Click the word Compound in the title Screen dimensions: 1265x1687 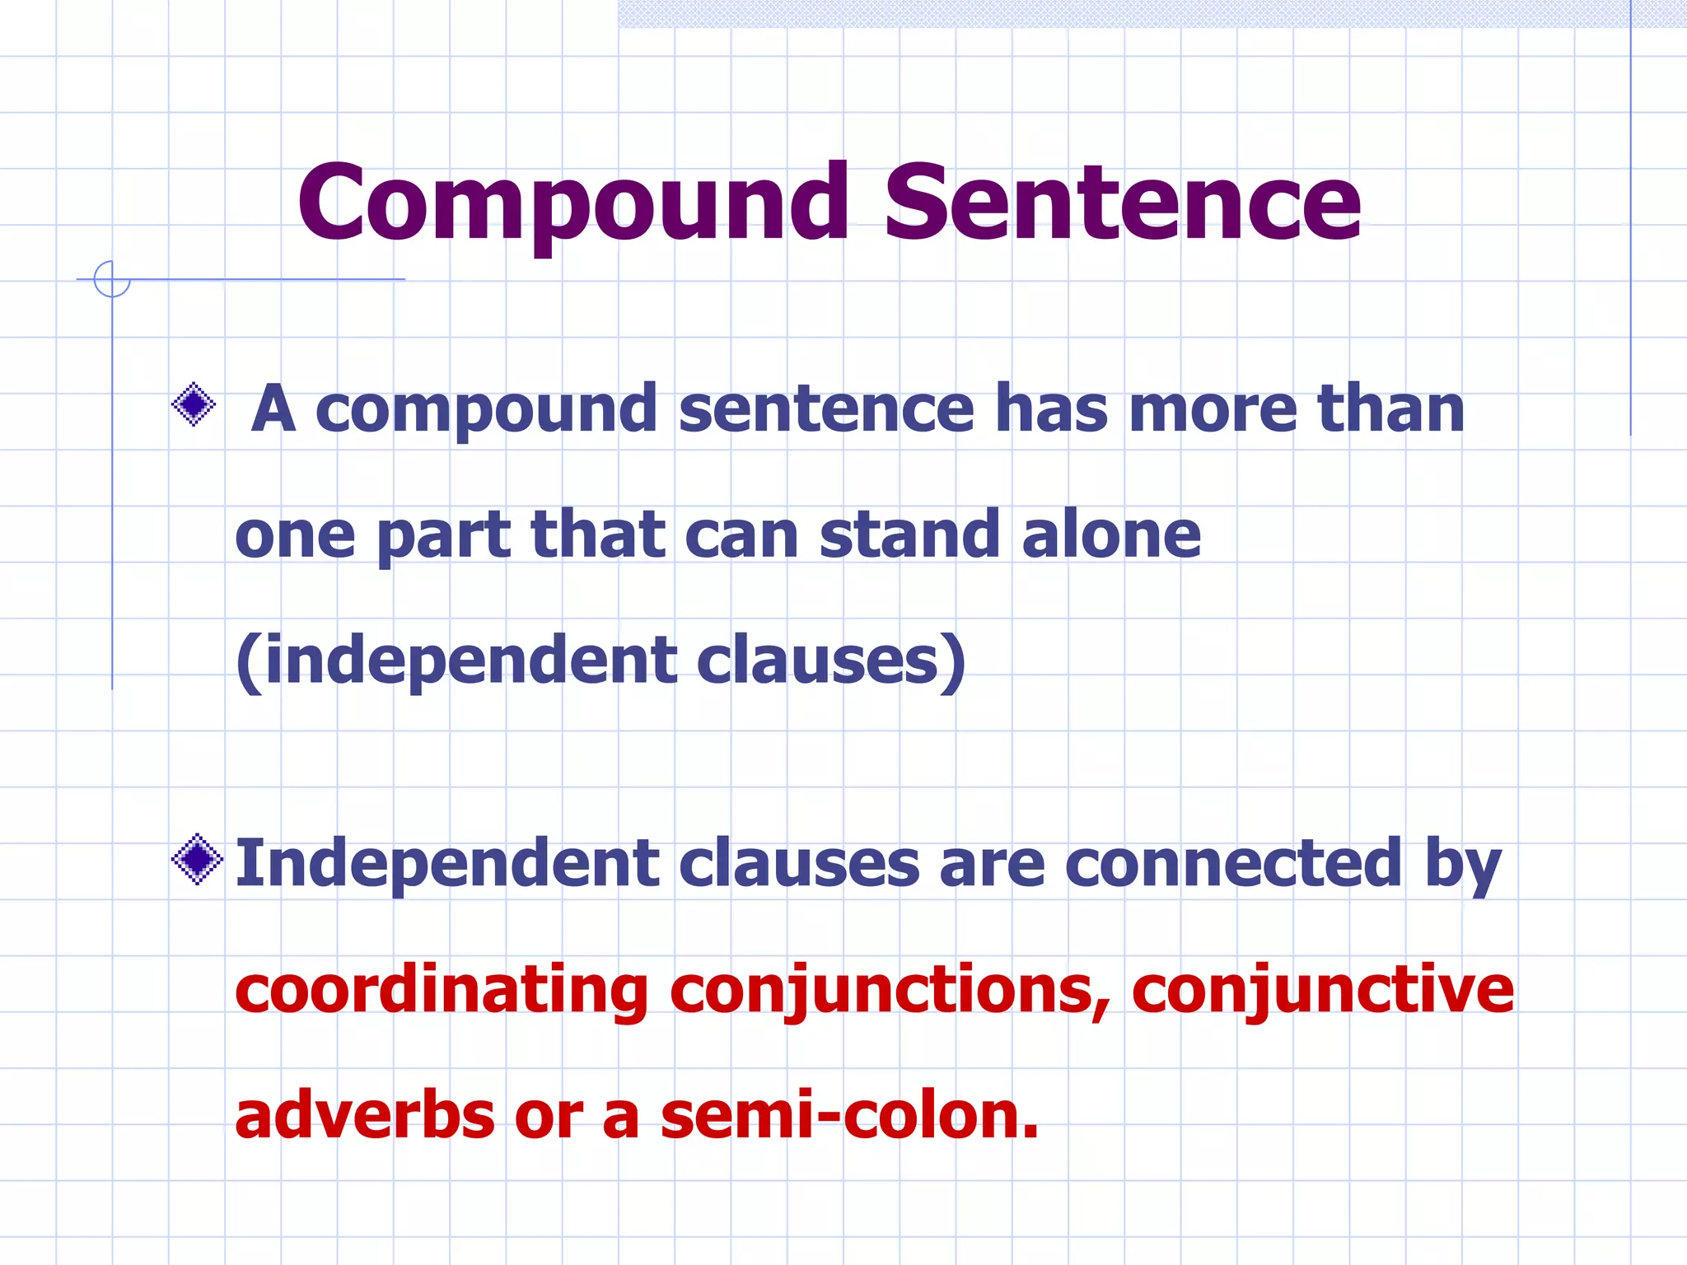tap(573, 203)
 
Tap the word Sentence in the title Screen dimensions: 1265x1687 tap(1122, 203)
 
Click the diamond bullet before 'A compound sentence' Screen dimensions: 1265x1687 tap(194, 404)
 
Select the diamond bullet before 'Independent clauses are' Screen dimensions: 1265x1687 tap(197, 860)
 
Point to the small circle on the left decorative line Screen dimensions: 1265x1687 tap(112, 279)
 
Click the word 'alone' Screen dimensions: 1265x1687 tap(1111, 534)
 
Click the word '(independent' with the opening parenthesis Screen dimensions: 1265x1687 tap(456, 662)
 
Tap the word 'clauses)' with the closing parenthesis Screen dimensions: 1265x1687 tap(831, 662)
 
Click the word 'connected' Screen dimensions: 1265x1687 tap(1233, 864)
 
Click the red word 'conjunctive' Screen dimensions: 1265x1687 tap(1323, 992)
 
